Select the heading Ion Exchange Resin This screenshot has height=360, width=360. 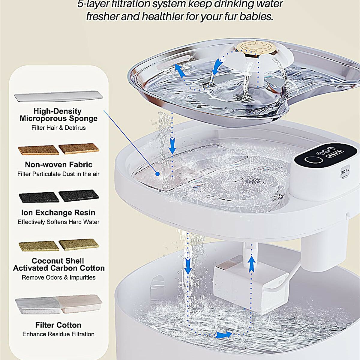58,213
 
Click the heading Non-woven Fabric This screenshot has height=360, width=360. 59,165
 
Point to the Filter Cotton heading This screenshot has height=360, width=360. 58,325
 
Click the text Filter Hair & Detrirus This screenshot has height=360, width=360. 58,128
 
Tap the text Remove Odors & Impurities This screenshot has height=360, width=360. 58,277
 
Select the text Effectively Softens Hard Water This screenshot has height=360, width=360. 58,222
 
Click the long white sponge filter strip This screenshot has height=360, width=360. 59,97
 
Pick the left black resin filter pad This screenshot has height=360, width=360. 39,197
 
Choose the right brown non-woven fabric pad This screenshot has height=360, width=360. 79,149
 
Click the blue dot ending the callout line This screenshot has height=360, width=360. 157,174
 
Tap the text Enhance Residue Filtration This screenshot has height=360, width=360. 58,334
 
